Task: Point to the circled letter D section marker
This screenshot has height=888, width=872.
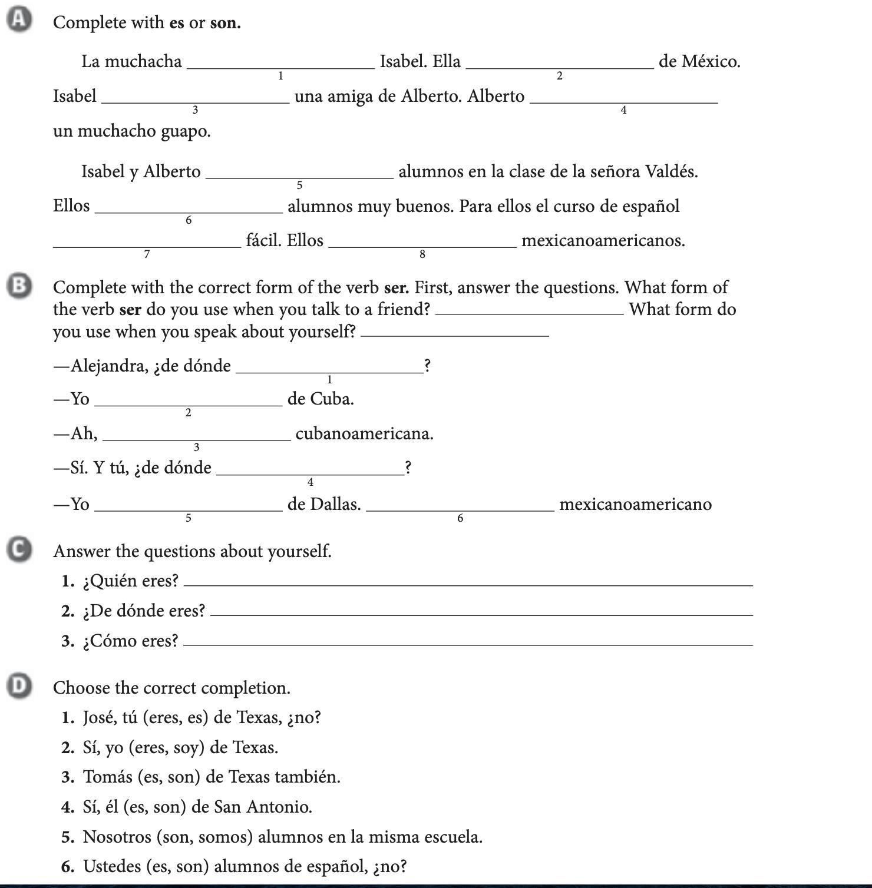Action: (19, 686)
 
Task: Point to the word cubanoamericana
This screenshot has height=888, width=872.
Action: (364, 434)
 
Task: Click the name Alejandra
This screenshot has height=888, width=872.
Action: (109, 366)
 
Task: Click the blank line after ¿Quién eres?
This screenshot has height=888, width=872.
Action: (468, 583)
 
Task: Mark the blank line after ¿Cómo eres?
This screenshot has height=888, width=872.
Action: (468, 643)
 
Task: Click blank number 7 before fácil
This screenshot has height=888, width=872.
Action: (147, 245)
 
